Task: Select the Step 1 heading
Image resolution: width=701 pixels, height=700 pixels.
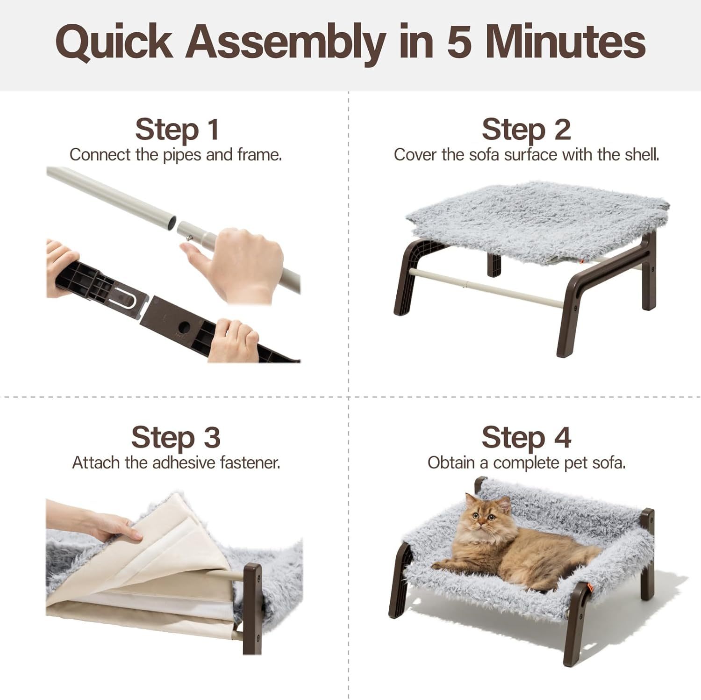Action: coord(177,130)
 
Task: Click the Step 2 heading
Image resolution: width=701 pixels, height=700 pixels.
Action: coord(526,130)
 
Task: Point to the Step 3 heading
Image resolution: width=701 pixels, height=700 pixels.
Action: coord(176,438)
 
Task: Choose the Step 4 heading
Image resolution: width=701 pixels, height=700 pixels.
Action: coord(526,438)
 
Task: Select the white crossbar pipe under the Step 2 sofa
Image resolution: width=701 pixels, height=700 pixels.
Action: coord(486,287)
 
